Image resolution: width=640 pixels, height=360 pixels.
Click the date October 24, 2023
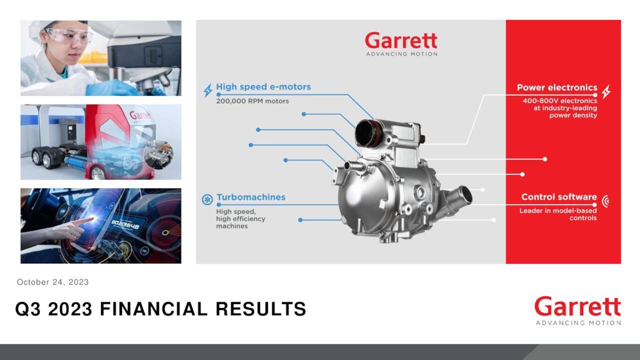coord(53,282)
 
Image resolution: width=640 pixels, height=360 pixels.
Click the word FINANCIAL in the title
coord(153,309)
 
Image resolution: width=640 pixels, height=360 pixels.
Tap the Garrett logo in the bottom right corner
coord(577,310)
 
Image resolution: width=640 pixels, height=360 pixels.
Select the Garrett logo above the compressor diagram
coord(401,44)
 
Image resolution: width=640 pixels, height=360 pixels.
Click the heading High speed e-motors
coord(263,87)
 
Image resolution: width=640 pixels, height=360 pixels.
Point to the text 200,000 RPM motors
coord(252,101)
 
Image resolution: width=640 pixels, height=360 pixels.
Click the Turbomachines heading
coord(250,197)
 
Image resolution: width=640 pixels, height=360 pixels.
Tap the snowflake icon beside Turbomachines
coord(207,199)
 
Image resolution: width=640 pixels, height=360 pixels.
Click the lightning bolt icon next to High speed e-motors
coord(207,90)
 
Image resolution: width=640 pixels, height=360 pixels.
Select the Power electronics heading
coord(557,87)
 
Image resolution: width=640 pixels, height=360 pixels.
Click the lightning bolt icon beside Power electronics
coord(606,91)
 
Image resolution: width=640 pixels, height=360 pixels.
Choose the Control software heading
coord(559,197)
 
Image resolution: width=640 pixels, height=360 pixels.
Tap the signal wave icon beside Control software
coord(605,201)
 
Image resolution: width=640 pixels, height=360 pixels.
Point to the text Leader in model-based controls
coord(558,214)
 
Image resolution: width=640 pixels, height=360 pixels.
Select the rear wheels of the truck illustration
coord(43,159)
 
